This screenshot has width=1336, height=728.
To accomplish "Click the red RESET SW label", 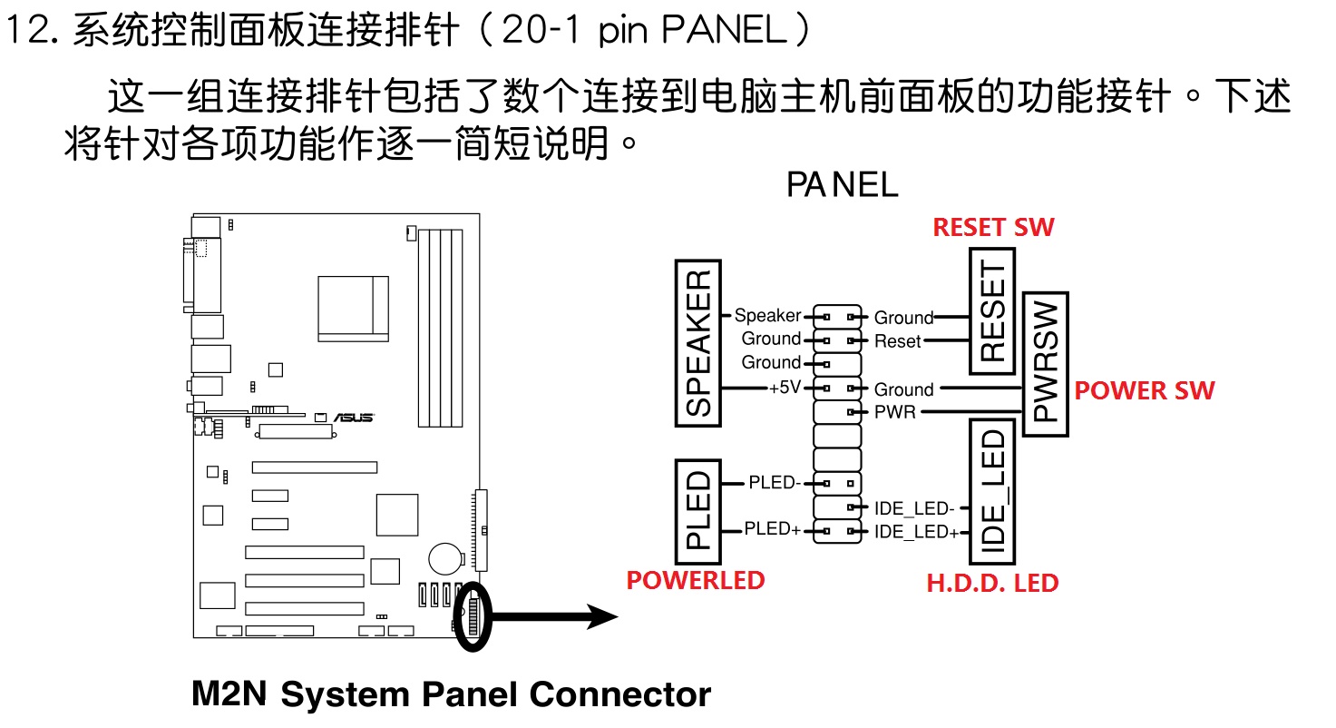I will tap(994, 227).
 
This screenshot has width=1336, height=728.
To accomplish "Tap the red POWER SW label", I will tap(1144, 391).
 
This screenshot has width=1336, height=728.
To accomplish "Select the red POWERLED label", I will tap(696, 581).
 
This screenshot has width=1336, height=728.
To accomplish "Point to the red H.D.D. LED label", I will tap(992, 583).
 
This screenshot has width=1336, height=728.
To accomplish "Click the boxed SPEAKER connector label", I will tap(698, 343).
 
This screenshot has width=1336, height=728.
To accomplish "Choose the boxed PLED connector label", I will tap(698, 510).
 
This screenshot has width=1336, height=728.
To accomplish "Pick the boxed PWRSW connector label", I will tap(1045, 364).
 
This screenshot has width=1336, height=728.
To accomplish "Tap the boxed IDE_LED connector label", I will tap(992, 491).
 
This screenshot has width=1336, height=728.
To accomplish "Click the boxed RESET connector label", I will tap(992, 311).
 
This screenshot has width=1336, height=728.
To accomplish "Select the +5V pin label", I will tap(785, 388).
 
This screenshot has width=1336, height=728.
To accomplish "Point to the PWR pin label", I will tap(894, 413).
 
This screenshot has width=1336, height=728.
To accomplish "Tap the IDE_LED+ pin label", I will tap(916, 532).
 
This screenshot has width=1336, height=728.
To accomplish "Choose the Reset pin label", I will tap(897, 342).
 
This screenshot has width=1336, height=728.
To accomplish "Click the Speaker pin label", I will tap(767, 316).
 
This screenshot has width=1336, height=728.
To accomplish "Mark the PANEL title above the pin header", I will tap(842, 184).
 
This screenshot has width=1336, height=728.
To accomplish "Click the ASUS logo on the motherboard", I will tap(354, 417).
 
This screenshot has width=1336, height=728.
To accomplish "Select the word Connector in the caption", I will tap(620, 694).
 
